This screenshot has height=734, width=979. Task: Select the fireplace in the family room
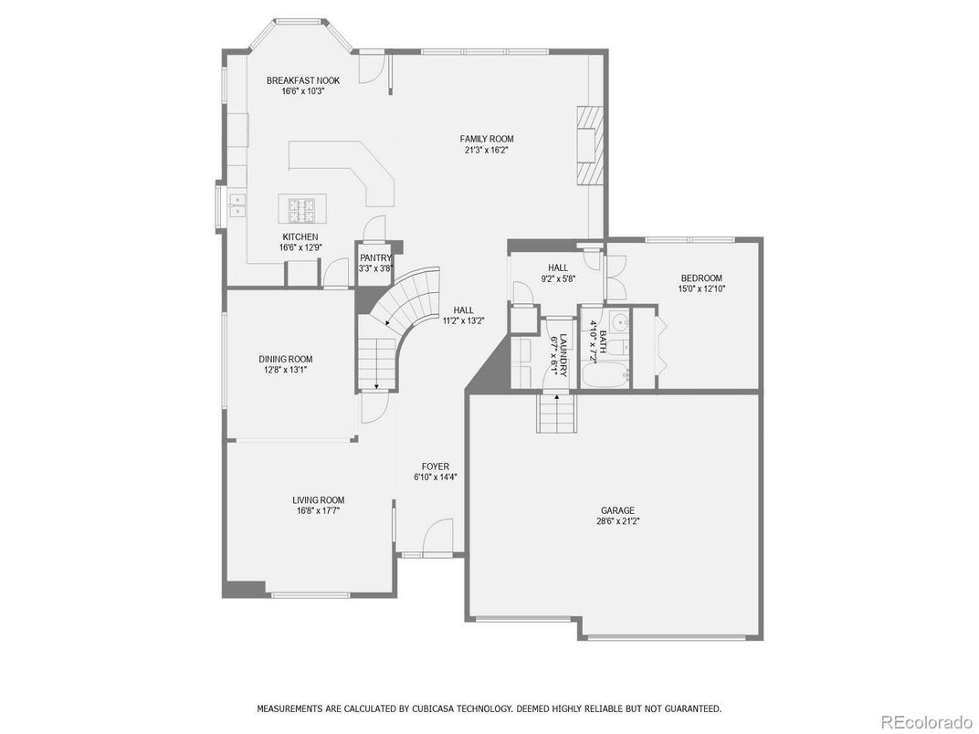tap(591, 146)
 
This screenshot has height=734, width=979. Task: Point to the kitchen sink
tap(237, 204)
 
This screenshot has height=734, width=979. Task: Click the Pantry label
tap(375, 257)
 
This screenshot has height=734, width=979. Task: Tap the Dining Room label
tap(285, 359)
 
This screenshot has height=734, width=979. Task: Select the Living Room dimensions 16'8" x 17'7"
tap(319, 511)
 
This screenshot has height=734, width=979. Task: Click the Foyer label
tap(436, 467)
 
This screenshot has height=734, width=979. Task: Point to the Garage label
tap(617, 510)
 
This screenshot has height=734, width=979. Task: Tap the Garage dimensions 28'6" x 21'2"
tap(617, 521)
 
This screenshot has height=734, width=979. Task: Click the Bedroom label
tap(701, 278)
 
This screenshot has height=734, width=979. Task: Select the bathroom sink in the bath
tap(618, 322)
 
